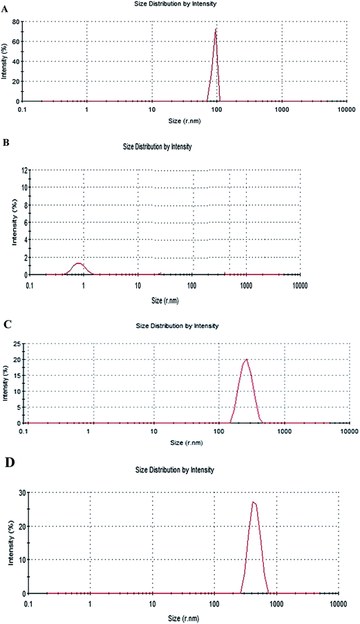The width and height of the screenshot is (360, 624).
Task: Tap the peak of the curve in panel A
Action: click(216, 29)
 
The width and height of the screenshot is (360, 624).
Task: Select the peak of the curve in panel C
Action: click(246, 359)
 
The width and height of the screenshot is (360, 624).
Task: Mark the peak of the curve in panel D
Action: click(254, 502)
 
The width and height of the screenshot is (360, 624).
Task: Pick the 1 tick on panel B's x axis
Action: click(84, 283)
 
